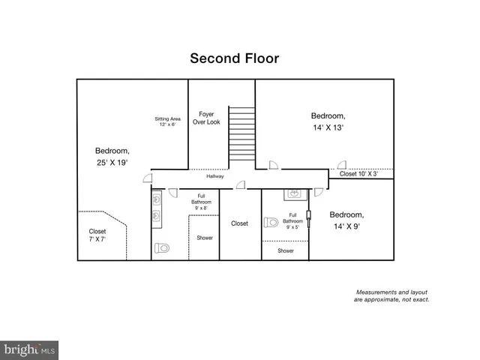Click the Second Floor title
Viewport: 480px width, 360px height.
(x=235, y=58)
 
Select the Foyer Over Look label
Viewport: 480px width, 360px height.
(x=206, y=118)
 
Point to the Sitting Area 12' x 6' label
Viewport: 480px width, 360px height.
(x=167, y=121)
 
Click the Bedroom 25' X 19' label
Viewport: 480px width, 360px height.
(x=112, y=155)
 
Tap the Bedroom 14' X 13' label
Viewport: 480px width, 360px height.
(x=328, y=121)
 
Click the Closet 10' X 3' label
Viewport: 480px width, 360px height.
(x=358, y=174)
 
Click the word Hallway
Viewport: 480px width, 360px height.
(x=215, y=176)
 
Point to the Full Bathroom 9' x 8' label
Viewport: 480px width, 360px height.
(x=201, y=202)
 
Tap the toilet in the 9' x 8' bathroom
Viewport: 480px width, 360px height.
(x=163, y=247)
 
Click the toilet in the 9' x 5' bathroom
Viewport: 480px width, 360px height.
(x=271, y=222)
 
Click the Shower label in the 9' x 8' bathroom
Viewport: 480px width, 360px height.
(x=204, y=238)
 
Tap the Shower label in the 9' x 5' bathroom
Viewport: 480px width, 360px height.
(x=286, y=250)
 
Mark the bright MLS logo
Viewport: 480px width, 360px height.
(x=30, y=349)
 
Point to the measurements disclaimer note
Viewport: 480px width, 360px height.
(x=391, y=295)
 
